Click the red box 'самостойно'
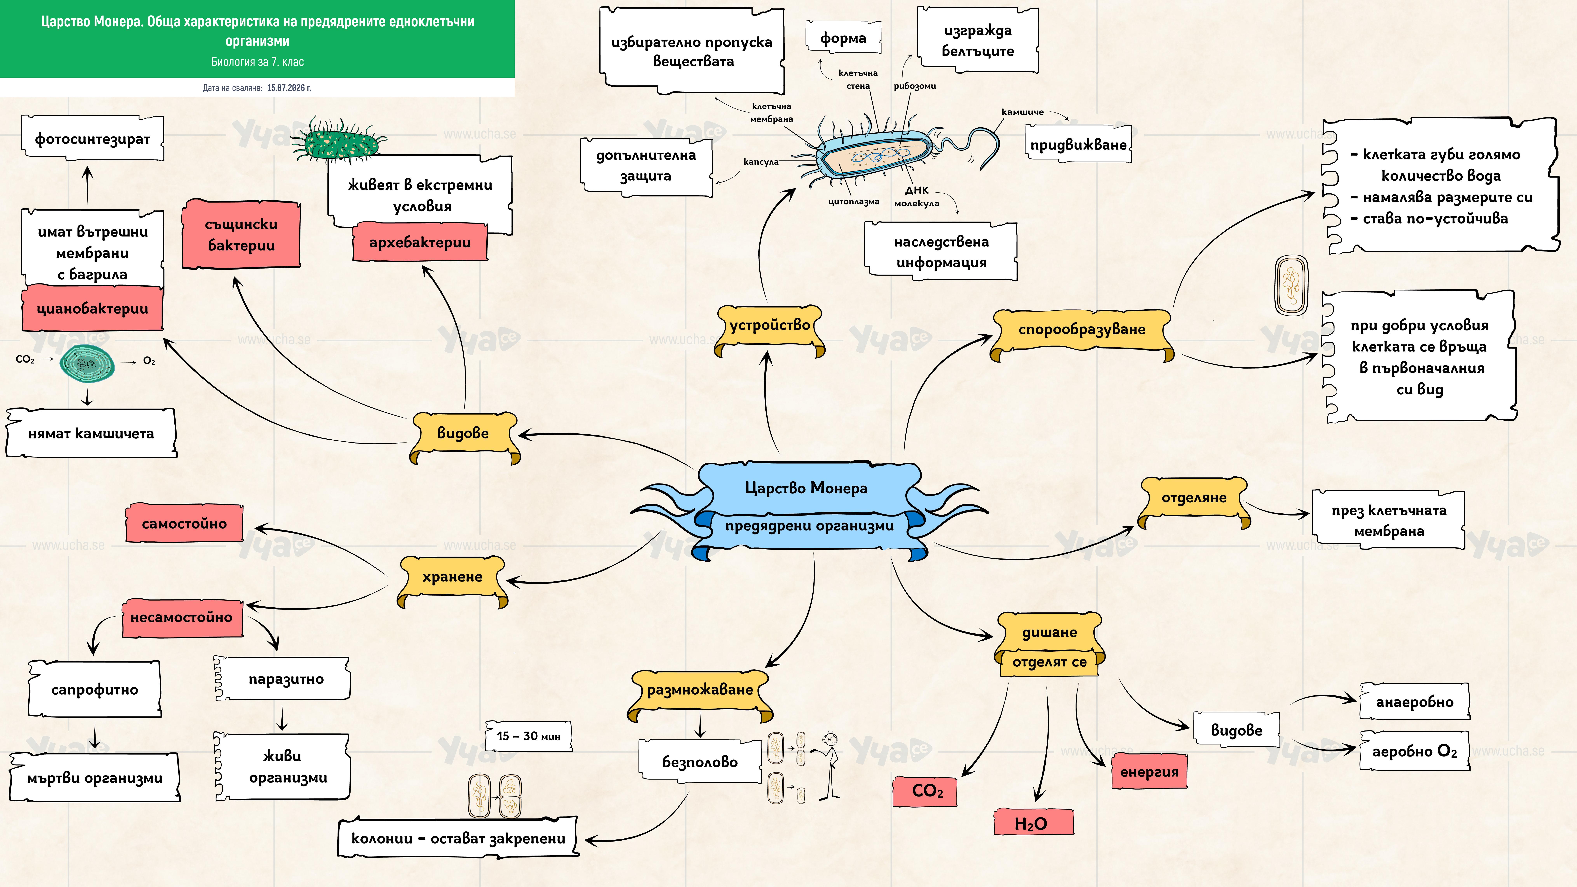pyautogui.click(x=184, y=523)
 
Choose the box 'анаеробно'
pyautogui.click(x=1414, y=702)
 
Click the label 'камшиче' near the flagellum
pyautogui.click(x=1022, y=112)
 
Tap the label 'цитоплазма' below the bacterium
pyautogui.click(x=853, y=201)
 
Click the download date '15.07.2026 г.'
pyautogui.click(x=289, y=88)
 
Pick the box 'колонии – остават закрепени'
pyautogui.click(x=458, y=838)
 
